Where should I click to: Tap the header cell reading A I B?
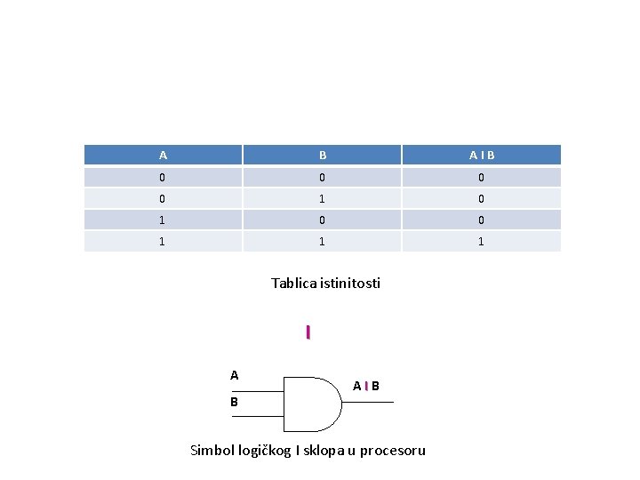[x=482, y=156]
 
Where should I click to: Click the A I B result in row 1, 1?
[x=482, y=241]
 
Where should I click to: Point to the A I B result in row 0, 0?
[x=482, y=177]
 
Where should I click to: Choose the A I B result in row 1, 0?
[x=482, y=220]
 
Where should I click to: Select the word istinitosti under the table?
[x=351, y=284]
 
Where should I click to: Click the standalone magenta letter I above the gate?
[x=308, y=332]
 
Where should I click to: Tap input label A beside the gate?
[x=235, y=375]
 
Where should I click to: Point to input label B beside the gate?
[x=235, y=403]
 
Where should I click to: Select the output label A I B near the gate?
[x=365, y=386]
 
